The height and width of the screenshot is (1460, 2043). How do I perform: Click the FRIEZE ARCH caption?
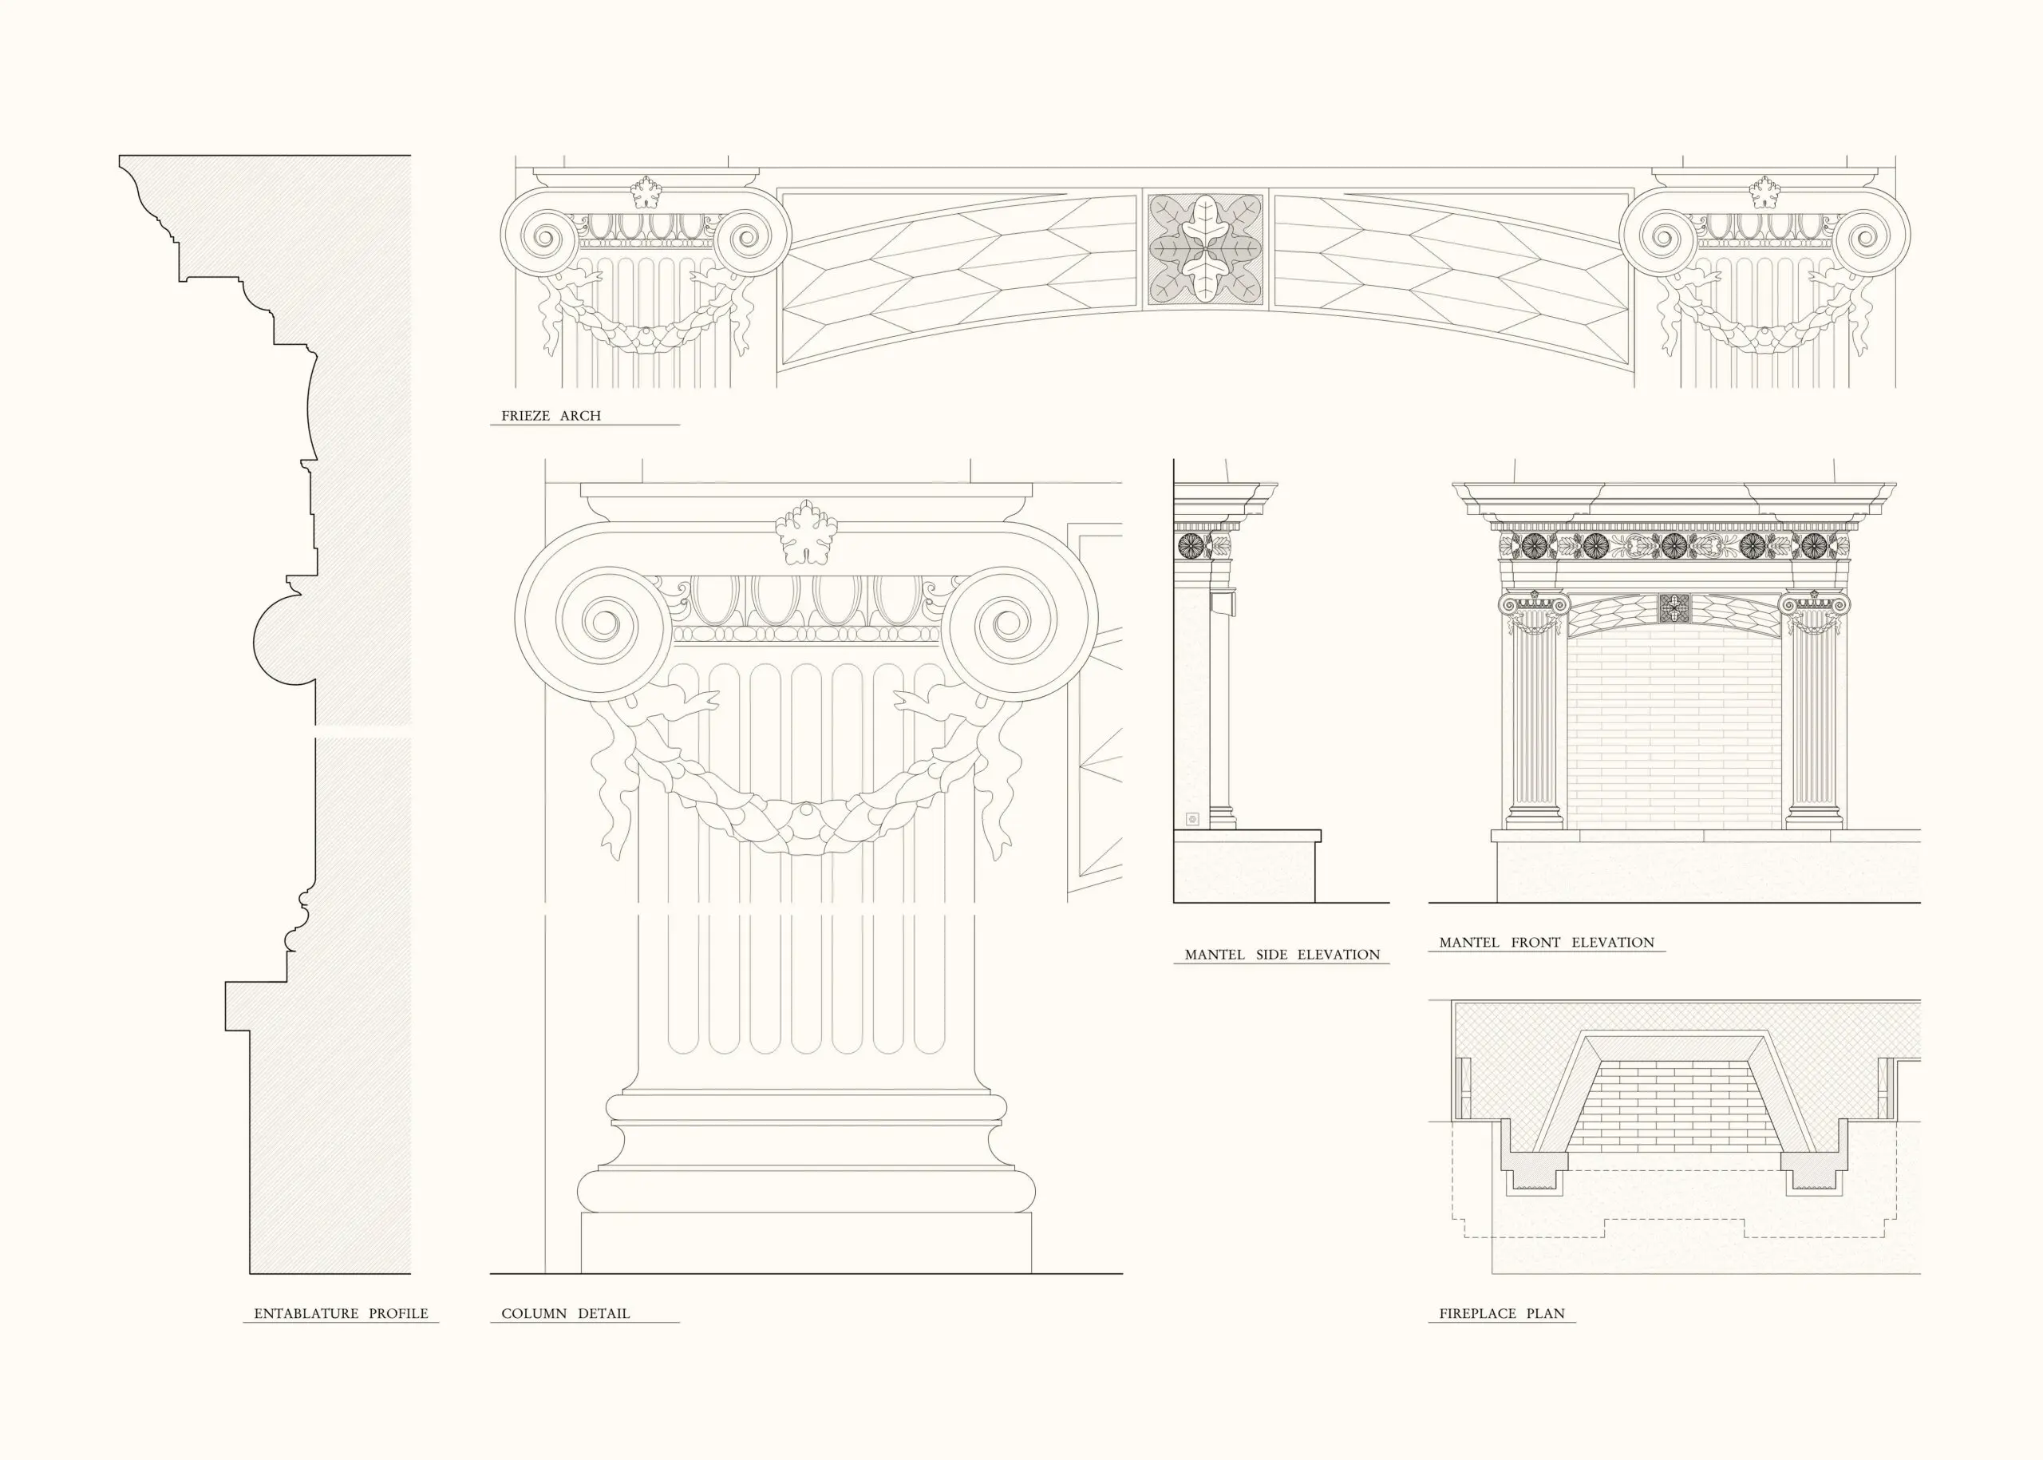pyautogui.click(x=551, y=415)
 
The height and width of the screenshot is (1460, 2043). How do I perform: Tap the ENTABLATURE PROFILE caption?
pyautogui.click(x=341, y=1313)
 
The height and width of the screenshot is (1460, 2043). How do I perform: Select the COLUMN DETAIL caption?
pyautogui.click(x=565, y=1313)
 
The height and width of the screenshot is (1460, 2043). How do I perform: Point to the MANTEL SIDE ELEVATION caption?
pyautogui.click(x=1282, y=955)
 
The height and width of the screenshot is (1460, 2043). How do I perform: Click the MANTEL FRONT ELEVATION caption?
pyautogui.click(x=1546, y=942)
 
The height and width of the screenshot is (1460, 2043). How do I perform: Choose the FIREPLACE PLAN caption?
pyautogui.click(x=1501, y=1313)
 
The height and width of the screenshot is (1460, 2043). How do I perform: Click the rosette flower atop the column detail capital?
pyautogui.click(x=806, y=532)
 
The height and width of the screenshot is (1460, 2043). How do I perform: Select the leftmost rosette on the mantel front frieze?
pyautogui.click(x=1533, y=544)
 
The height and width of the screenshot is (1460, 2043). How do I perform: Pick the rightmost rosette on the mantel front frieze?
pyautogui.click(x=1814, y=544)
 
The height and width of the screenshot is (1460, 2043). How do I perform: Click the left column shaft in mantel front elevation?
pyautogui.click(x=1533, y=719)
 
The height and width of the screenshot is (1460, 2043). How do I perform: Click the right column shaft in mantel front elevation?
pyautogui.click(x=1814, y=719)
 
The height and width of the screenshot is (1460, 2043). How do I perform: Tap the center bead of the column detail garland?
pyautogui.click(x=805, y=812)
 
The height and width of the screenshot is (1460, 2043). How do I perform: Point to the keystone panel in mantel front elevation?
pyautogui.click(x=1674, y=608)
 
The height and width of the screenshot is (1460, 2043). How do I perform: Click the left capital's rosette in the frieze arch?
pyautogui.click(x=646, y=192)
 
